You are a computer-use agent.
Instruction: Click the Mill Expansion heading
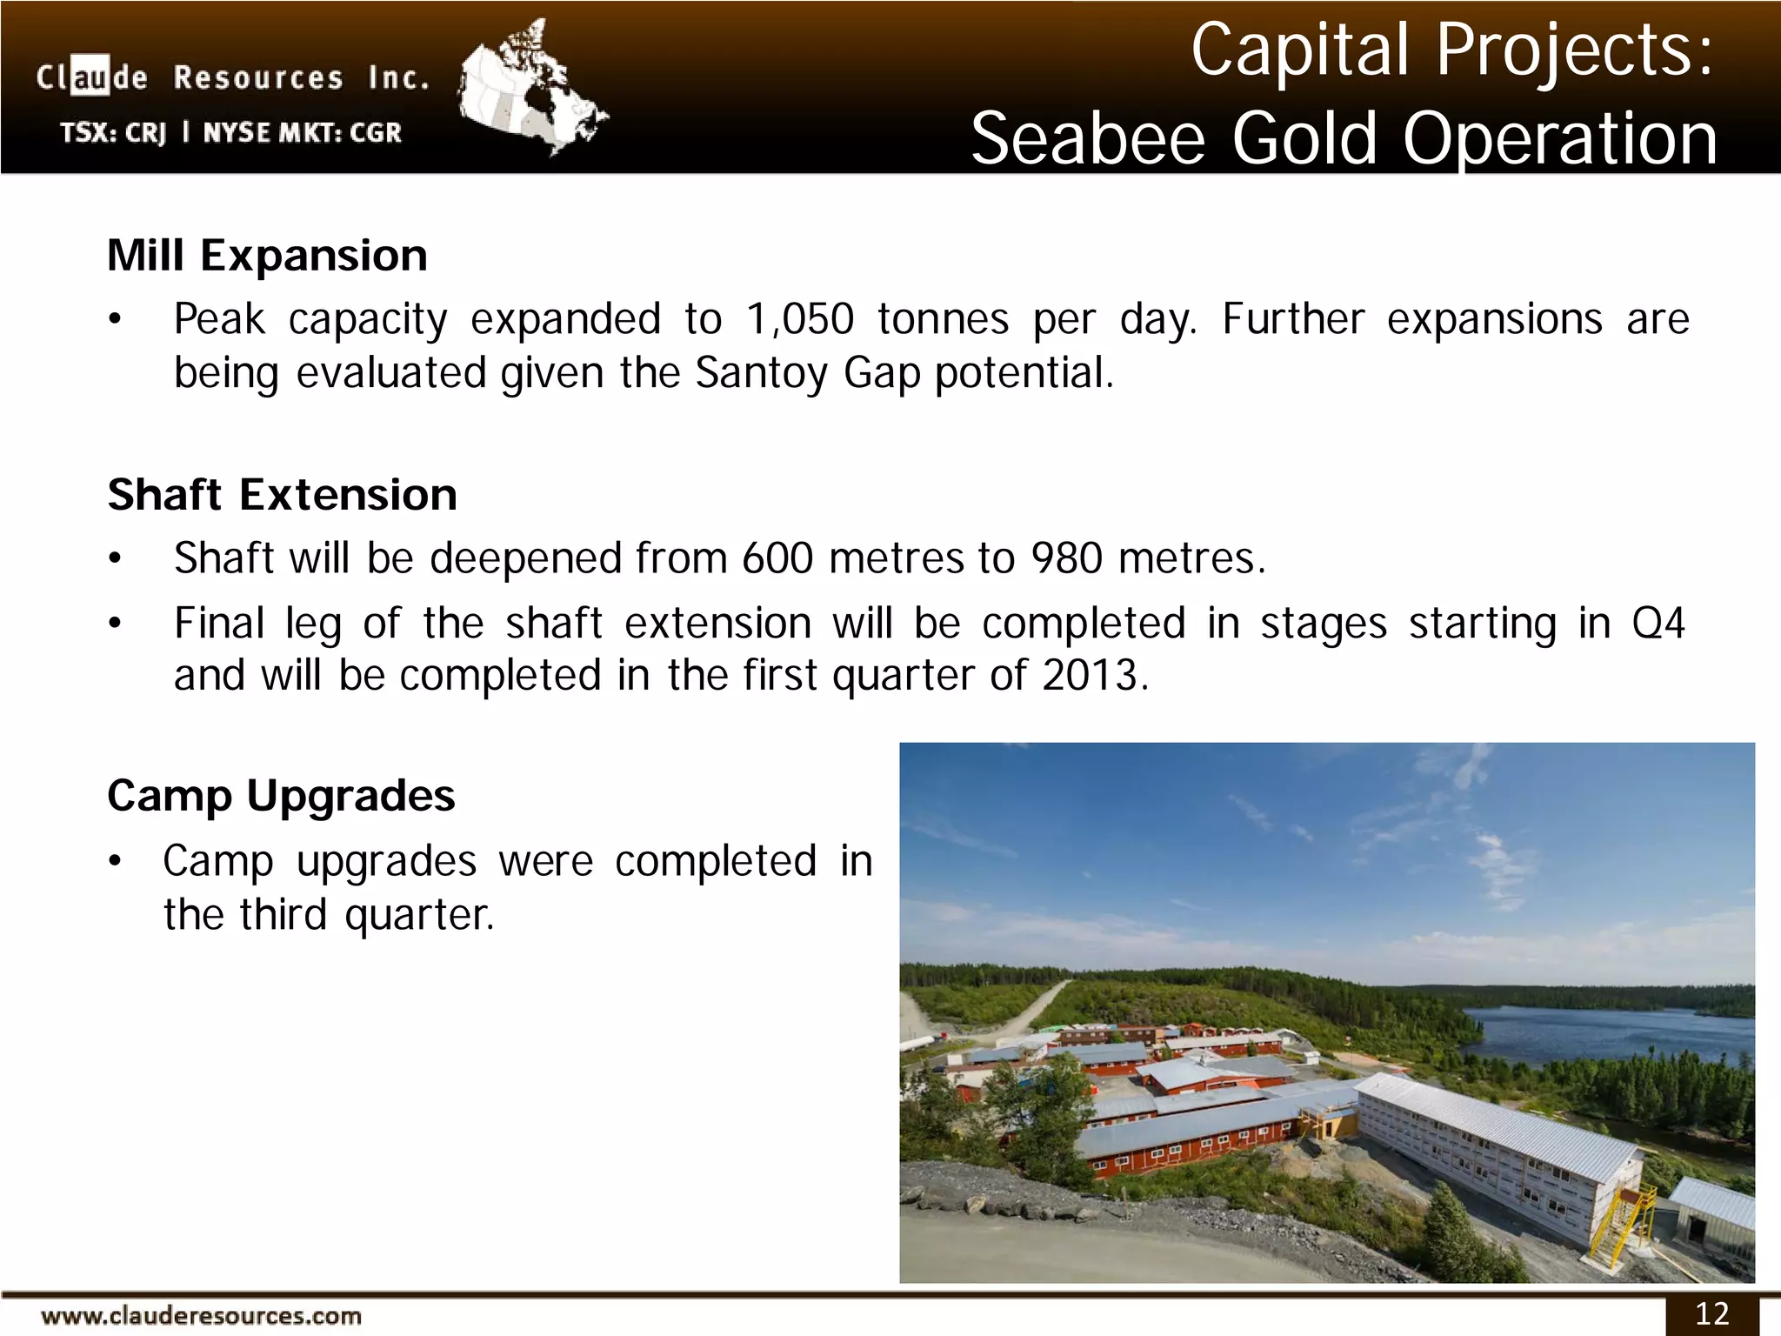click(x=267, y=256)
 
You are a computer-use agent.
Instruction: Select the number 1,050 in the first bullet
click(x=799, y=319)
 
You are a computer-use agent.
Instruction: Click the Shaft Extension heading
click(x=282, y=495)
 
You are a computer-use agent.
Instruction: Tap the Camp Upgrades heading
click(x=281, y=796)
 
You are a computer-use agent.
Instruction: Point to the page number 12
click(x=1711, y=1313)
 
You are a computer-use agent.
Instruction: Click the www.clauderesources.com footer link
click(x=201, y=1316)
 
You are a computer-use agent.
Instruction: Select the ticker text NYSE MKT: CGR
click(x=302, y=133)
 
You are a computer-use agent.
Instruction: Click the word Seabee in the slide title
click(x=1087, y=139)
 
